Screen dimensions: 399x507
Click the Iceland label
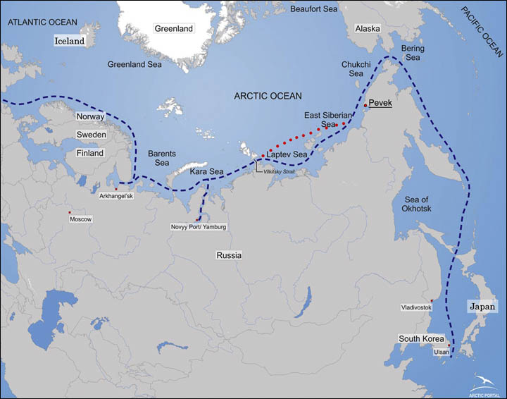click(70, 41)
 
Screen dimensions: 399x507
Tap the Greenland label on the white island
click(173, 29)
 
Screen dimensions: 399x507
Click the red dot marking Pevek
click(365, 106)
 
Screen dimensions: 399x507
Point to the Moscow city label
click(81, 219)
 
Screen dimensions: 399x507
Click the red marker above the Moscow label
click(69, 212)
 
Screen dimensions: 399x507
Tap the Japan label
click(483, 307)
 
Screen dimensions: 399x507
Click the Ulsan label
click(440, 352)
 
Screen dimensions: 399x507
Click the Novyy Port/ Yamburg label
click(199, 227)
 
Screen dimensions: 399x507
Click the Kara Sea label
click(207, 171)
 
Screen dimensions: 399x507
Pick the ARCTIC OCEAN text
click(267, 96)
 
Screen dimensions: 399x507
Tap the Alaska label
click(368, 29)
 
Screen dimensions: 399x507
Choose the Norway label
click(91, 116)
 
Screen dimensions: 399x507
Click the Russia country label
click(230, 255)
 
